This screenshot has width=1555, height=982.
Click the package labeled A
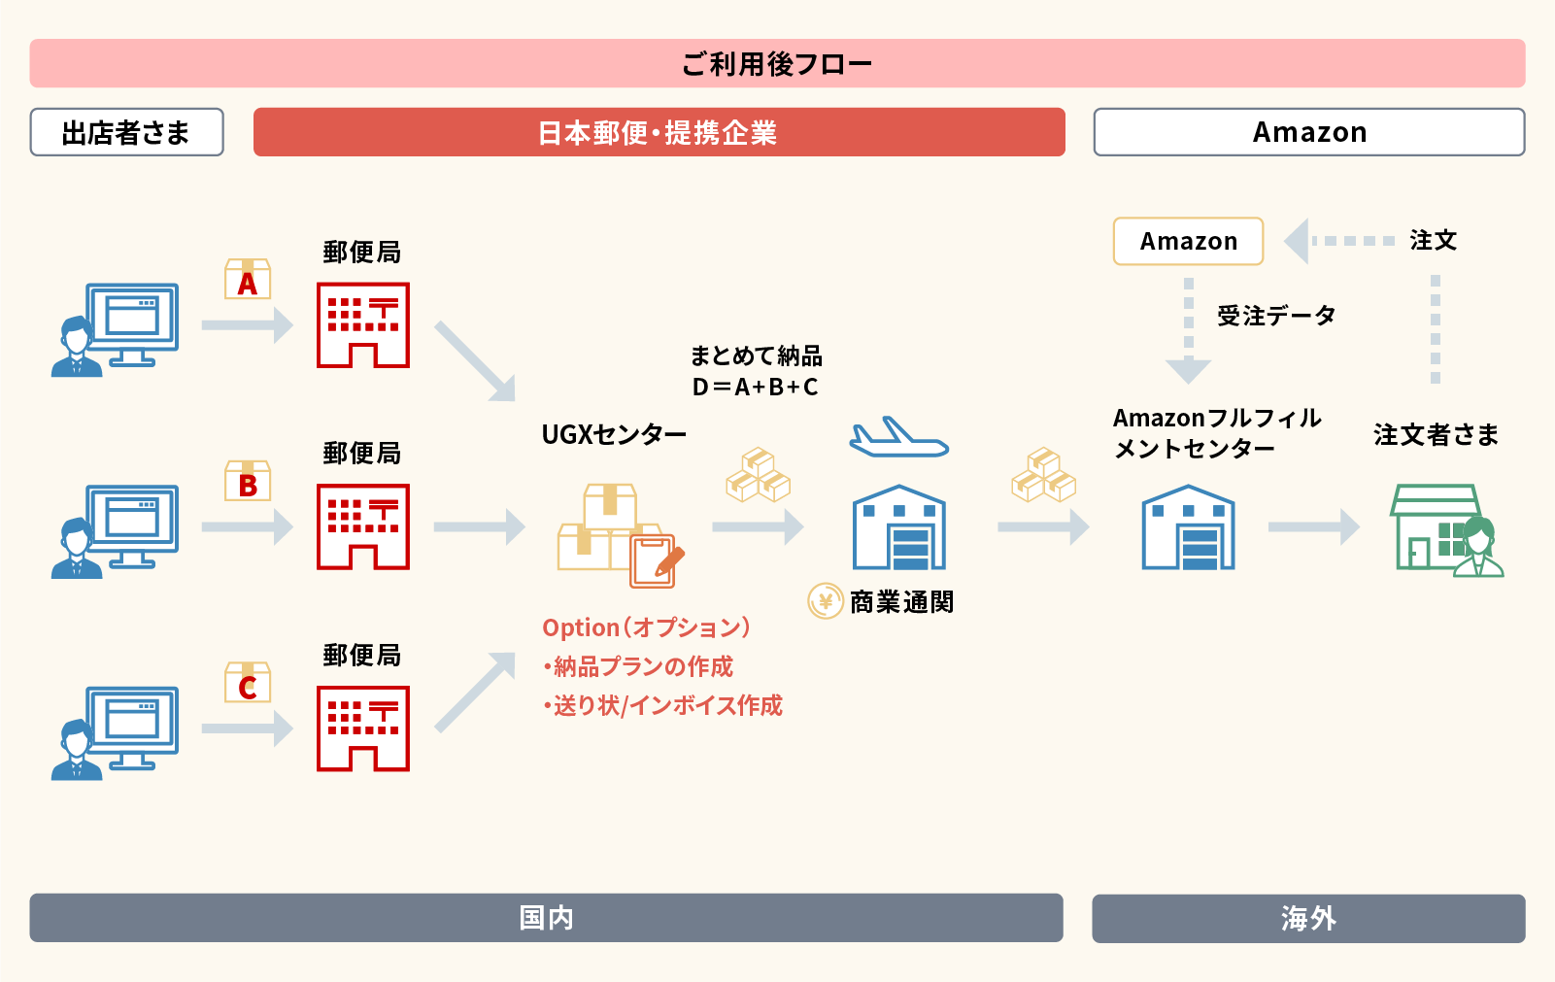click(x=248, y=280)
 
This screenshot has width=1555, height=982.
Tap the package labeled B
click(x=248, y=482)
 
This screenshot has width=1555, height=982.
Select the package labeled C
click(x=248, y=684)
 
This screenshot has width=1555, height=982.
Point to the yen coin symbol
click(x=826, y=601)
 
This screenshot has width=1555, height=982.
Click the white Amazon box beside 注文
click(x=1188, y=241)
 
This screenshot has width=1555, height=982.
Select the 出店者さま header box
click(x=126, y=132)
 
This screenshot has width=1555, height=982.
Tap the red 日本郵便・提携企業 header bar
click(x=659, y=132)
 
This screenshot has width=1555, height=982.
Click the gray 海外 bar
click(x=1307, y=918)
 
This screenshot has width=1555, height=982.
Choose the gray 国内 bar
click(x=546, y=918)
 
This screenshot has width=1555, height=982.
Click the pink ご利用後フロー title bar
click(x=777, y=64)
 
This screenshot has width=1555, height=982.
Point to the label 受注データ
click(x=1276, y=316)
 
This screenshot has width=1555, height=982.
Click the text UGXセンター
click(x=614, y=434)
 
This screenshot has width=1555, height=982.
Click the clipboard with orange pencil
click(x=656, y=560)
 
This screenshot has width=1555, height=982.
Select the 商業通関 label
click(x=901, y=602)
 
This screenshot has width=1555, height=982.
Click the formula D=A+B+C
click(x=755, y=388)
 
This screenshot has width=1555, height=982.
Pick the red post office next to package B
click(x=363, y=526)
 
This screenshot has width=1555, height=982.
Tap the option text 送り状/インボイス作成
click(x=667, y=705)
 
